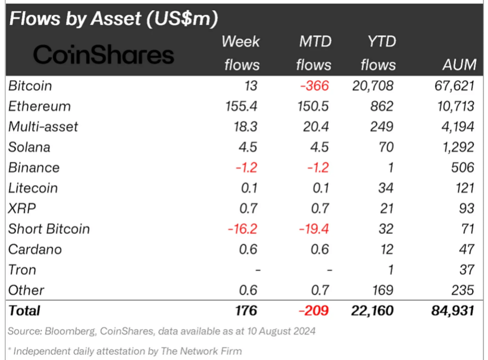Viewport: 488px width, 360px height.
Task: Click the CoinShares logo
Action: [x=103, y=55]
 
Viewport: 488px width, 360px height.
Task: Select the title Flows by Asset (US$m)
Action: [x=113, y=19]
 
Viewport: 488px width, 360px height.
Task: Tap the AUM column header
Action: [x=458, y=65]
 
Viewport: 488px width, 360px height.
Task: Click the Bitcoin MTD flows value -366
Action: [x=314, y=86]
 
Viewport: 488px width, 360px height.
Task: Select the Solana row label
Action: [x=29, y=147]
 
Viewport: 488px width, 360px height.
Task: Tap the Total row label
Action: [x=24, y=311]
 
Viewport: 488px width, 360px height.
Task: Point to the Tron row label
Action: [x=22, y=270]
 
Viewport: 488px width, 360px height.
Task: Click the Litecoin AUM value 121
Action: [x=463, y=188]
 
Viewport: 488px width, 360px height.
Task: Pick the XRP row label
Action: [x=21, y=208]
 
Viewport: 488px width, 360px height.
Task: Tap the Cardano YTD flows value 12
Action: [x=386, y=249]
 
